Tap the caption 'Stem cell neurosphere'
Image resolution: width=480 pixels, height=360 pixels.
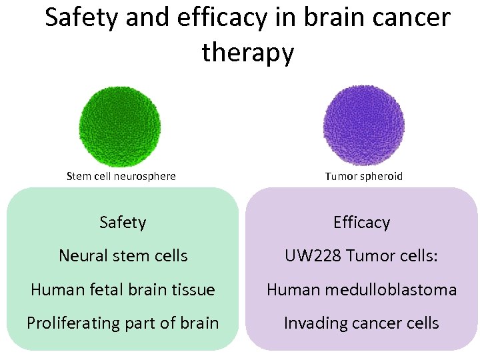(121, 177)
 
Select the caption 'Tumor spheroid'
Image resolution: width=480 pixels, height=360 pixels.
(364, 177)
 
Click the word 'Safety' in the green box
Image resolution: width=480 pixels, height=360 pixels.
(123, 222)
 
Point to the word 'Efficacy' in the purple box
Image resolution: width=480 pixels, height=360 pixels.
(361, 222)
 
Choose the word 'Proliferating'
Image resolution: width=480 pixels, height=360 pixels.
(74, 323)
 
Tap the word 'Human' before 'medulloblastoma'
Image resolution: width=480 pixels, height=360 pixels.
(294, 290)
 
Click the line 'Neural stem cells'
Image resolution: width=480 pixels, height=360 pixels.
(123, 256)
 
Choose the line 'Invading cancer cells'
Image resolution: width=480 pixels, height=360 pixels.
(361, 323)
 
